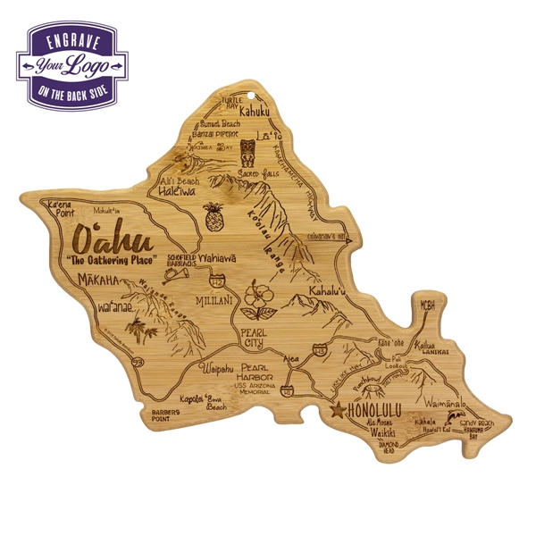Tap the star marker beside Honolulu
337,411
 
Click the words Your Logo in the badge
72,65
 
